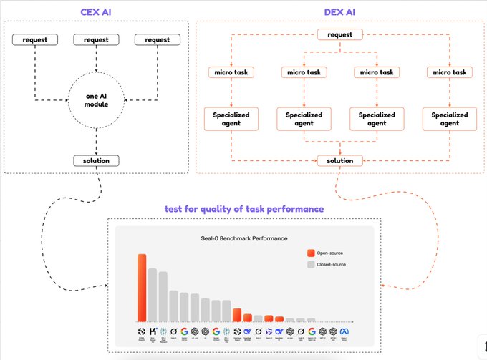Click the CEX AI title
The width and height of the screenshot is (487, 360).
(x=96, y=11)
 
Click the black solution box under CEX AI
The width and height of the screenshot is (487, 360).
(x=96, y=160)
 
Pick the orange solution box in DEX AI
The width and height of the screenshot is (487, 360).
(x=340, y=160)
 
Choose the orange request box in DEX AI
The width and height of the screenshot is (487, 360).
(x=340, y=34)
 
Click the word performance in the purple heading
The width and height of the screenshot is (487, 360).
(x=292, y=209)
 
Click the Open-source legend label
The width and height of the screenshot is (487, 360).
(x=330, y=253)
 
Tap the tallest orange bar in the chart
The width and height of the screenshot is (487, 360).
(x=142, y=286)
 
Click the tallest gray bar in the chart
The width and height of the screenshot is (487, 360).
(x=153, y=293)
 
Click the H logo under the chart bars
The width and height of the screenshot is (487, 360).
(x=153, y=331)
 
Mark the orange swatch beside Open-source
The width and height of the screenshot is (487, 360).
(x=310, y=253)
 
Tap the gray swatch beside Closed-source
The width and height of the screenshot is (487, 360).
(x=310, y=264)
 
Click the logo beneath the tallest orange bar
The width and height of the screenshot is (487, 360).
(x=142, y=331)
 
